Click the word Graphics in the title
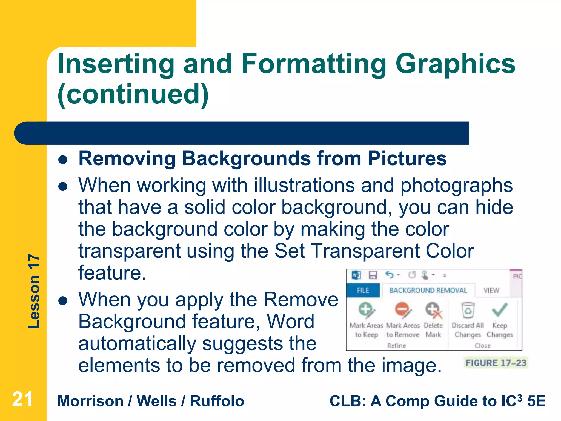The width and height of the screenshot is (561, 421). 455,64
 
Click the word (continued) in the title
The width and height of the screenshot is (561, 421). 133,95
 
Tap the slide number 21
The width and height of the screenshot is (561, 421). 22,399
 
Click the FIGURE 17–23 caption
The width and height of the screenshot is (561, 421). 496,363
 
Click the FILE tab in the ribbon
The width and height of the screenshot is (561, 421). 363,290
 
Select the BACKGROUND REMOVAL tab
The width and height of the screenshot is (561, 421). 428,290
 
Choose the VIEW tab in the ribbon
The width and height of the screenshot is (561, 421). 491,290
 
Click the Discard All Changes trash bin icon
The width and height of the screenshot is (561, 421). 468,310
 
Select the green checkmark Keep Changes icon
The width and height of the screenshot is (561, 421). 500,310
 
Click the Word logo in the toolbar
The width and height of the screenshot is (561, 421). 356,275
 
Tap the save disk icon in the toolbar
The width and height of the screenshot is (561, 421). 373,275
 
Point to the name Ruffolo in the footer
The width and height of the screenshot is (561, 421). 217,401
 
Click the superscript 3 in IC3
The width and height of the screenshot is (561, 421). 519,397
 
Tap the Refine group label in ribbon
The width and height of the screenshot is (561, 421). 396,346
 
